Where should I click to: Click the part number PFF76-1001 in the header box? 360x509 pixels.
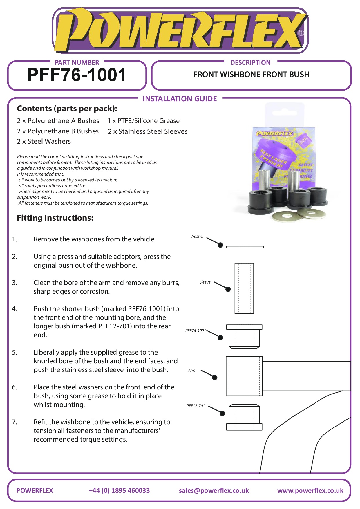tap(77, 75)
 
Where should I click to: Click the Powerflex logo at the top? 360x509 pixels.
tap(180, 30)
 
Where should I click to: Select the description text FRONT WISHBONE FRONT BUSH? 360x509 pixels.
tap(251, 75)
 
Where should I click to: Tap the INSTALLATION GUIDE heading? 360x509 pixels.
tap(180, 99)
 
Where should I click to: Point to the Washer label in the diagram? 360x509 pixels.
tap(197, 237)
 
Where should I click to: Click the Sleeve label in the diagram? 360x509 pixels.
tap(205, 282)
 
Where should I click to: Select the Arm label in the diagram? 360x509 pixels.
tap(191, 370)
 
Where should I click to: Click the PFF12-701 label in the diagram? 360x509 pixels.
tap(196, 406)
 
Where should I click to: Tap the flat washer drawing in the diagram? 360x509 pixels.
tap(245, 247)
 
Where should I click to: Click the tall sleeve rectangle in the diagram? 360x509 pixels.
tap(244, 288)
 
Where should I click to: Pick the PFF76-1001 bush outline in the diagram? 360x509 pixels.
tap(244, 336)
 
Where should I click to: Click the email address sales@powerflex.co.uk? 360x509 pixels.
tap(214, 490)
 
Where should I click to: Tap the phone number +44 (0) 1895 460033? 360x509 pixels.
tap(119, 490)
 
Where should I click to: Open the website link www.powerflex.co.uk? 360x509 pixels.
tap(310, 490)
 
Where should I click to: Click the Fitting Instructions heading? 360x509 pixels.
tap(55, 218)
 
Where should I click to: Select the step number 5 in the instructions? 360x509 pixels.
tap(15, 352)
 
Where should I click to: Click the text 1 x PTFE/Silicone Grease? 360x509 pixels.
tap(144, 121)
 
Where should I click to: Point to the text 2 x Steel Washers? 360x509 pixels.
tap(44, 141)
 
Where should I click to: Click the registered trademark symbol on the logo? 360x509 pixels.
tap(301, 33)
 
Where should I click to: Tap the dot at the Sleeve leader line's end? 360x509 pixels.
tap(228, 289)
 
